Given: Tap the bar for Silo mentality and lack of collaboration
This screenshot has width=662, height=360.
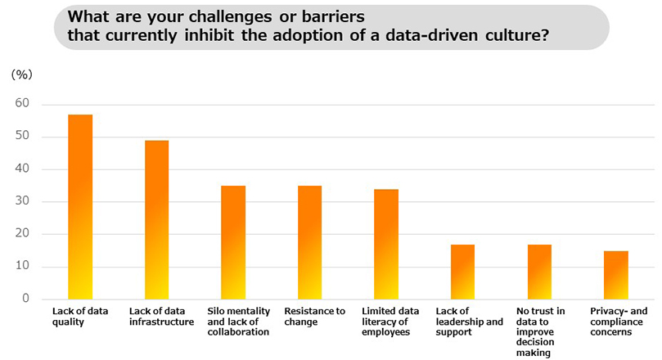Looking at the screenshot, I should [x=233, y=242].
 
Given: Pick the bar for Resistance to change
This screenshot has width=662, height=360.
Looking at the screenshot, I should [x=309, y=242].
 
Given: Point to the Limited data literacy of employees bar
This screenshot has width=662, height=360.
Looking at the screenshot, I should [x=386, y=244].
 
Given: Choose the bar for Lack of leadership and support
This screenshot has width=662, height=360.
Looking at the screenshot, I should [x=462, y=272].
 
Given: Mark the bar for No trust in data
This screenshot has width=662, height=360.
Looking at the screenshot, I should [x=539, y=272].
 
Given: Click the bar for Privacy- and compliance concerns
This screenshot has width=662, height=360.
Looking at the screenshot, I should [x=615, y=275].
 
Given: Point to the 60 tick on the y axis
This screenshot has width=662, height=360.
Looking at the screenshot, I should [x=22, y=104].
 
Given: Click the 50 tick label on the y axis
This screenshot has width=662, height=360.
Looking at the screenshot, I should [x=22, y=137].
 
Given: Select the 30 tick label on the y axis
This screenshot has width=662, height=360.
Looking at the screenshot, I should [x=22, y=201].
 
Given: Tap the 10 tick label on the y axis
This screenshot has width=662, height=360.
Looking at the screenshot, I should [x=22, y=267].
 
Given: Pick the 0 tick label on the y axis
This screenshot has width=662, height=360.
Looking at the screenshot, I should [x=25, y=299].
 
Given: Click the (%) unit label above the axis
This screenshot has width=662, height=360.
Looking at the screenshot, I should [x=21, y=74].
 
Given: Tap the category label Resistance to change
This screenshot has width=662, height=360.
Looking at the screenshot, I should [x=314, y=316].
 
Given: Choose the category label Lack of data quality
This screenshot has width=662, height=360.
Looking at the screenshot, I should [x=80, y=316].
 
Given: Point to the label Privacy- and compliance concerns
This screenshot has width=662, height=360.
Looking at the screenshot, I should [x=619, y=316].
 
